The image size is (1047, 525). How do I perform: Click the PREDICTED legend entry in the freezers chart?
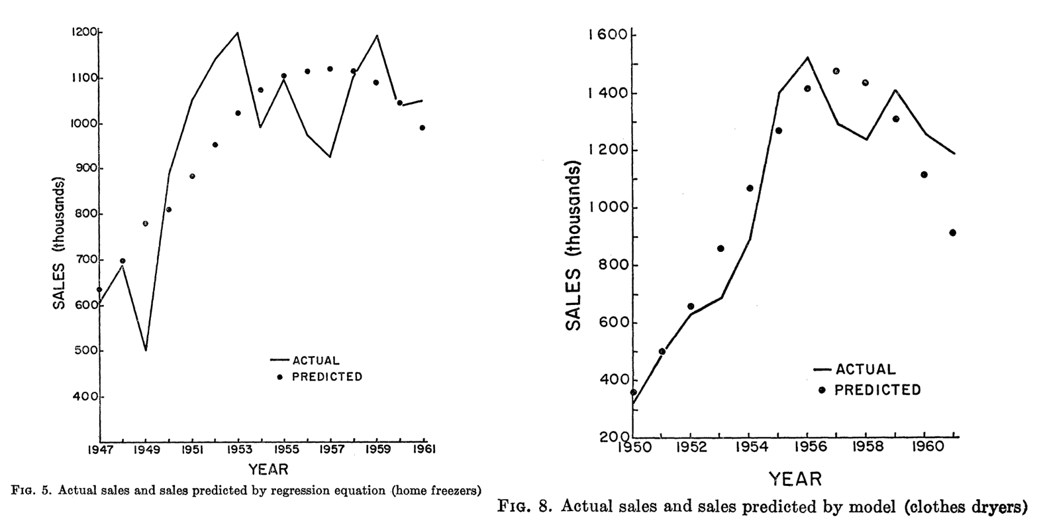point(319,377)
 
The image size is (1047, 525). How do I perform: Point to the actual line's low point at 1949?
point(146,350)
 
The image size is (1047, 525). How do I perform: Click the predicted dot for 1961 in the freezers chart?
point(423,128)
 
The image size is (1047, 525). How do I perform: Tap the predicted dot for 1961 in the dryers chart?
point(952,233)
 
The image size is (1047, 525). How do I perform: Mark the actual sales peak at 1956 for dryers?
point(807,58)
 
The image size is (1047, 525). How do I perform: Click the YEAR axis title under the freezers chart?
point(268,469)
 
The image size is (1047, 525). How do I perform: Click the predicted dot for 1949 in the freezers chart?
point(146,223)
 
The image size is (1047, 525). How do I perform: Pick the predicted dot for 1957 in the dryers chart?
point(836,71)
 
